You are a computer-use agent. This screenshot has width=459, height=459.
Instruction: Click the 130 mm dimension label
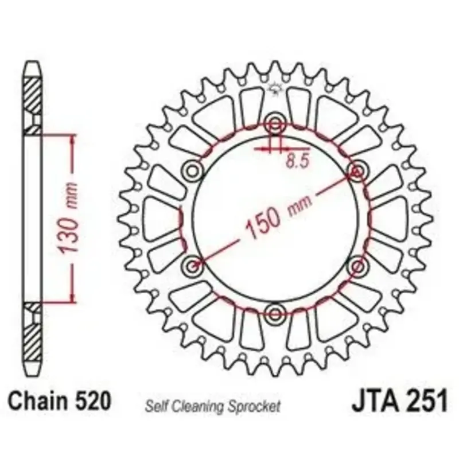(68, 217)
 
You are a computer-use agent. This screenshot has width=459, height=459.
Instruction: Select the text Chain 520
(60, 400)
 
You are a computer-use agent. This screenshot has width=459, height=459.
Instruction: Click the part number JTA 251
(400, 400)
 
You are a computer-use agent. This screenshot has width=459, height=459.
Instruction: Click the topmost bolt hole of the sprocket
(275, 125)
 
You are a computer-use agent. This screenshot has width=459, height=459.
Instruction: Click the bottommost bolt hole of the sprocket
(275, 314)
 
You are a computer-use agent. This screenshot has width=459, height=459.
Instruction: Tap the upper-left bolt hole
(192, 170)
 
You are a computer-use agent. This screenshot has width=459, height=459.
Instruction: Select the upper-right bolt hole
(357, 170)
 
